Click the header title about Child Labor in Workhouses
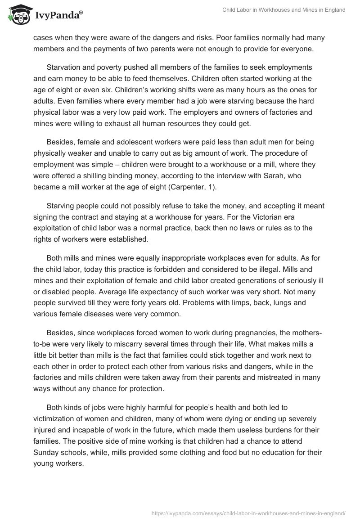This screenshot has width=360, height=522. click(284, 10)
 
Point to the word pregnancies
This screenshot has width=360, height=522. click(259, 332)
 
